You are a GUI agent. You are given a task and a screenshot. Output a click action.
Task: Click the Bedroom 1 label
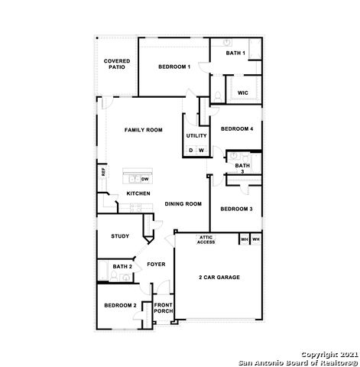[x=174, y=67]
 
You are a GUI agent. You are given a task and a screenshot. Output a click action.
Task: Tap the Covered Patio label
[x=117, y=63]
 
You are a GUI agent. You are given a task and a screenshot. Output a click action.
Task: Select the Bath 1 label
[x=235, y=53]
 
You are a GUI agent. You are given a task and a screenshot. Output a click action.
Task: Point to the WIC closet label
[x=242, y=93]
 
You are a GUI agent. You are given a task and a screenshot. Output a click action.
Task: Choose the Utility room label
[x=196, y=135]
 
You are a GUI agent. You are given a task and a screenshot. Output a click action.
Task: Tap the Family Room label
[x=144, y=130]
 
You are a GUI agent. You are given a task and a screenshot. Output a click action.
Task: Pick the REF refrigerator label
[x=102, y=172]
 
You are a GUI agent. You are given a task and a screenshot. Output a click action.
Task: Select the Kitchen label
[x=140, y=194]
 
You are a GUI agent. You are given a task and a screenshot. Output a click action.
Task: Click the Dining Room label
[x=183, y=204]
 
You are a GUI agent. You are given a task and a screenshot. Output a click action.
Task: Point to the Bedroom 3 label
[x=235, y=209]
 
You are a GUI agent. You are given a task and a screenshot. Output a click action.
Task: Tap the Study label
[x=119, y=236]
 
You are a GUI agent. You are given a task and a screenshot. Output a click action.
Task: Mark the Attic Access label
[x=206, y=240]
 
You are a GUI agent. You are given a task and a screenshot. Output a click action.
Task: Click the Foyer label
[x=156, y=265]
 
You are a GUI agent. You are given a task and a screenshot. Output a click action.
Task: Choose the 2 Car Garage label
[x=219, y=277]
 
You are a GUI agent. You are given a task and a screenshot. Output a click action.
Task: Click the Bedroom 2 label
[x=120, y=306]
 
